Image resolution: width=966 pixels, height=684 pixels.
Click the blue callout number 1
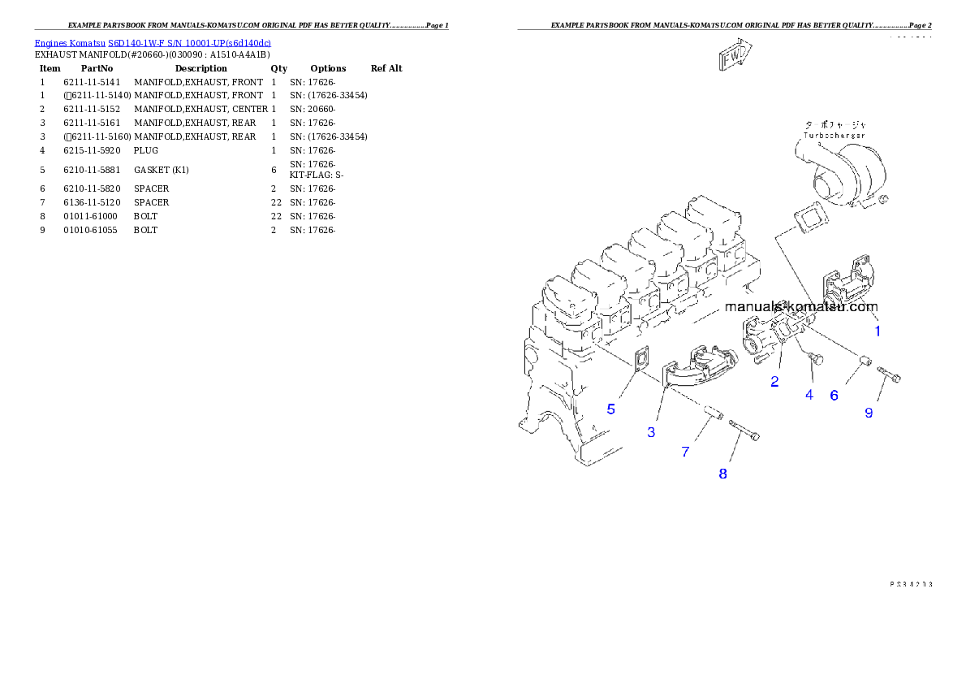[x=877, y=331]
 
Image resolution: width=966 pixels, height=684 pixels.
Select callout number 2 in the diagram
[x=774, y=382]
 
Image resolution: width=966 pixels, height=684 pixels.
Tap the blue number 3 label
[x=651, y=432]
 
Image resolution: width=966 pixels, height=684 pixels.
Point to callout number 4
[x=809, y=395]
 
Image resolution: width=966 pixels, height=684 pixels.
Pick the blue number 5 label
[x=611, y=409]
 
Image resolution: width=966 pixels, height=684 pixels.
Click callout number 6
[x=834, y=396]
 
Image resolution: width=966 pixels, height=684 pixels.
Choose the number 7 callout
[x=685, y=452]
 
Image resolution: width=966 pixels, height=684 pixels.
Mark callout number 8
[x=722, y=474]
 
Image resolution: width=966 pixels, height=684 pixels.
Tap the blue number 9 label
[x=869, y=413]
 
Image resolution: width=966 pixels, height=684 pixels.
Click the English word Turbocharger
[x=834, y=135]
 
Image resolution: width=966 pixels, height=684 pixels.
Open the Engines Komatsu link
[x=71, y=42]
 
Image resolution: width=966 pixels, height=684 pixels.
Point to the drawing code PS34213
[x=909, y=583]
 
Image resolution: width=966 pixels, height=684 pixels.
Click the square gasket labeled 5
[x=640, y=361]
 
